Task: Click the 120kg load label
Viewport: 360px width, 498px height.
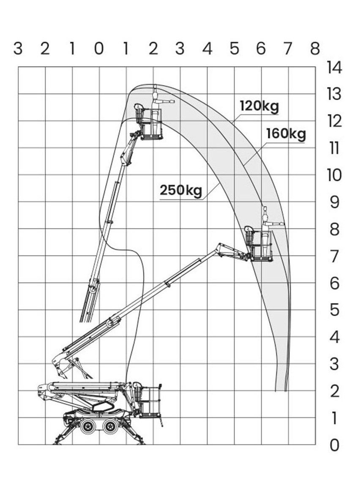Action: [x=259, y=106]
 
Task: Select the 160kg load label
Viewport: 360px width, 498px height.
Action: [x=286, y=134]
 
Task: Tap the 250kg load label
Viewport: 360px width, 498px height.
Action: [x=181, y=190]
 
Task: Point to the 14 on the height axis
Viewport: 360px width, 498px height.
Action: [x=334, y=67]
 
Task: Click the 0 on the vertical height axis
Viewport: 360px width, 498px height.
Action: [x=334, y=445]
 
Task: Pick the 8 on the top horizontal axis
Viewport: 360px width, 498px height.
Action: [x=315, y=49]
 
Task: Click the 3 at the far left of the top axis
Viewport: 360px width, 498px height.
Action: [x=18, y=49]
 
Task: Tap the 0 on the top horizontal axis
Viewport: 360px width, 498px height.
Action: [x=99, y=49]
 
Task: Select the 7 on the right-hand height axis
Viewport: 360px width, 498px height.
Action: [x=334, y=256]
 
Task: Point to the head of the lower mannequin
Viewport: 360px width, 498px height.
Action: [x=265, y=210]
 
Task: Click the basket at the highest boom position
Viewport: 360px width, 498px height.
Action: [x=151, y=125]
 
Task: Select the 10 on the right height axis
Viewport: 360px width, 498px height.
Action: [x=334, y=175]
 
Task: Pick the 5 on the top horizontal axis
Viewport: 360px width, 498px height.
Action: [x=234, y=49]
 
